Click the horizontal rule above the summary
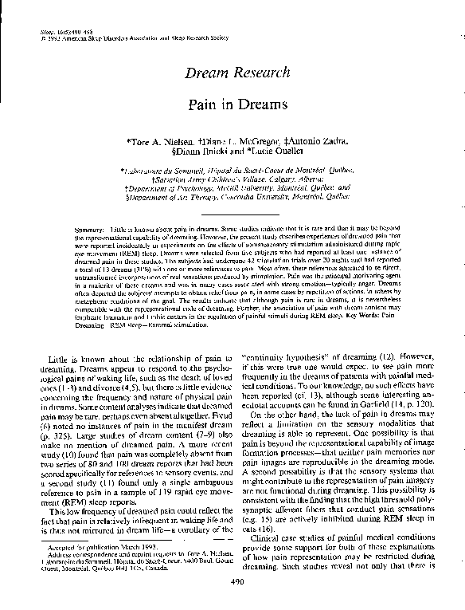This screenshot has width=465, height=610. click(x=232, y=214)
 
